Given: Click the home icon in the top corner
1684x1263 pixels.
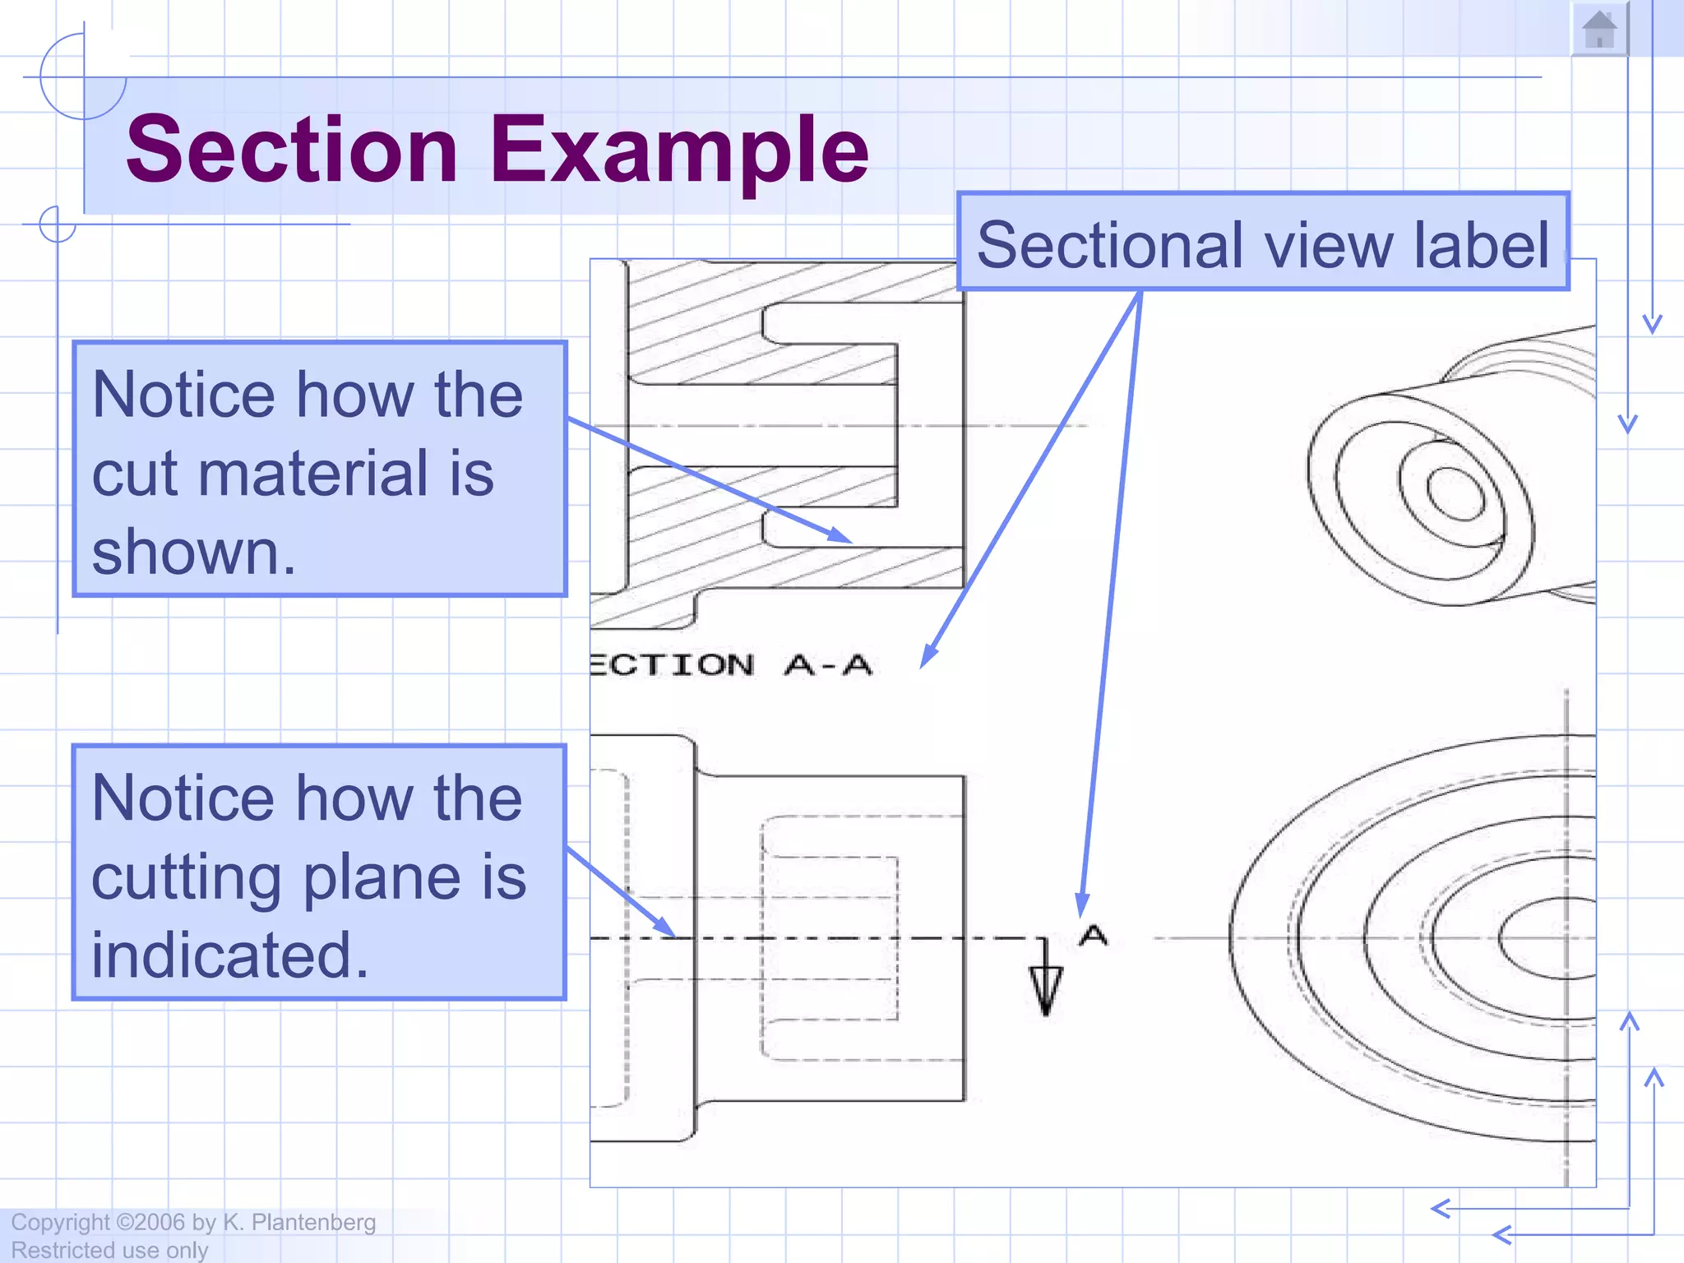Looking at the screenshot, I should (1599, 30).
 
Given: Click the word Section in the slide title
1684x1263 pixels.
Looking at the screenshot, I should (292, 150).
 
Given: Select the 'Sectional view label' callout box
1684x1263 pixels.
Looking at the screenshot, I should (1263, 243).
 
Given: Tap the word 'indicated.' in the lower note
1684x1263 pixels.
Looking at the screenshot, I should (230, 955).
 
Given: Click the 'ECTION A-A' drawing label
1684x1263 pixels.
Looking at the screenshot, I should (730, 664).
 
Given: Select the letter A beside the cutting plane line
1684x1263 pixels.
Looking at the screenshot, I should (1093, 935).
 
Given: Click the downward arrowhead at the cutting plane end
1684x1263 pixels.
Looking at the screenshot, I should (1046, 991).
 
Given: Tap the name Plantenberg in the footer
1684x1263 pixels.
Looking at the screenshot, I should (313, 1223).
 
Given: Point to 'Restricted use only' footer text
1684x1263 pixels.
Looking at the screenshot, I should (109, 1250).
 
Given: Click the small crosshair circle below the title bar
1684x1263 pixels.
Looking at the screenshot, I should (58, 224).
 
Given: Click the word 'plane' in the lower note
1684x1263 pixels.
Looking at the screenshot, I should (386, 877).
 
